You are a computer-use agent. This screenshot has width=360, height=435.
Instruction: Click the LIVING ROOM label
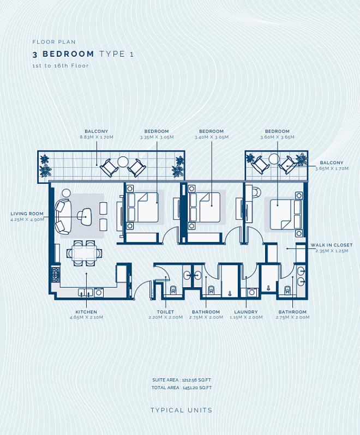tap(27, 214)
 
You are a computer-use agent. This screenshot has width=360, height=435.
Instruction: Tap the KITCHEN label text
tap(86, 312)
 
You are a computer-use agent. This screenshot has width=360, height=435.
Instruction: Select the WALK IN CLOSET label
tap(332, 245)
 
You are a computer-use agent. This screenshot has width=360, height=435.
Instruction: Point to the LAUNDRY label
tap(246, 312)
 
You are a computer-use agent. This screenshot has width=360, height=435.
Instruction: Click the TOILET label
tap(165, 312)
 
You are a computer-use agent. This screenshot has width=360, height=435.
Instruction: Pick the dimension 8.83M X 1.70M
tap(97, 137)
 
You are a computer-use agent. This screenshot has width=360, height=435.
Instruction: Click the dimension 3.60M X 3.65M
tap(277, 137)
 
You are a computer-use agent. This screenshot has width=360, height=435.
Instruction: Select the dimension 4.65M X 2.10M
tap(86, 317)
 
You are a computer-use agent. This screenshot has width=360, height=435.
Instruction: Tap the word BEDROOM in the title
tap(68, 54)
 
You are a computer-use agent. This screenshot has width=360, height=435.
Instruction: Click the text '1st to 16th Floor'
tap(61, 66)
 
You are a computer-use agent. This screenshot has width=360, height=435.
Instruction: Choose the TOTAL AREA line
tap(182, 388)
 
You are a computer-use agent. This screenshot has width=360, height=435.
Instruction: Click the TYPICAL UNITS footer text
tap(182, 410)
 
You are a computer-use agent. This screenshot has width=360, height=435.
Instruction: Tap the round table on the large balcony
tap(123, 162)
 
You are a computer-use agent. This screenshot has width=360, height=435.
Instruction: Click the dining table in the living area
tap(85, 253)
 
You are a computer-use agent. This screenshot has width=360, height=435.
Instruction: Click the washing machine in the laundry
tap(252, 292)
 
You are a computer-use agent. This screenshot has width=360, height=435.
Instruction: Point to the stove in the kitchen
tap(55, 275)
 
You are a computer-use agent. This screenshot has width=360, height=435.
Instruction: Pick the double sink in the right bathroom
tap(301, 276)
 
